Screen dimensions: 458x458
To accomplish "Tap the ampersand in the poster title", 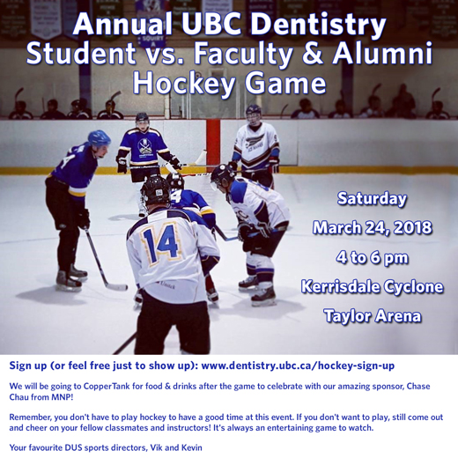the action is [313, 54].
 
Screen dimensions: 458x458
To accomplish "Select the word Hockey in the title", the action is [184, 84].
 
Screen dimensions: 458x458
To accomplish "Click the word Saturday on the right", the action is [372, 199].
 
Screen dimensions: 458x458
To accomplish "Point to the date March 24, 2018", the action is [372, 227].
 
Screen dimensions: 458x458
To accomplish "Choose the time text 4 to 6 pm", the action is [372, 258].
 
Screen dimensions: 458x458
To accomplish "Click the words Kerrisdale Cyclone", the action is [372, 286].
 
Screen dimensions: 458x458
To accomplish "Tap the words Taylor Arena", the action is [372, 316].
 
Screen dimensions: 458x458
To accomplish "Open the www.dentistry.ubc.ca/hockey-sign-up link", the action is [298, 366].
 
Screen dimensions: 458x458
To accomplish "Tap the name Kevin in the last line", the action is [191, 447].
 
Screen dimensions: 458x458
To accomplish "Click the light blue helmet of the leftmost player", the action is [100, 138].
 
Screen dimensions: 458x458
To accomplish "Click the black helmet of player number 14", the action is [155, 190].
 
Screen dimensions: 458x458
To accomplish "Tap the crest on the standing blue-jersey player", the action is [144, 147].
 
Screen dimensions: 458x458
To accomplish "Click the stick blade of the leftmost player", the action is [117, 286].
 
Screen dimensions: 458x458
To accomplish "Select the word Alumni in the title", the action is [382, 54].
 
